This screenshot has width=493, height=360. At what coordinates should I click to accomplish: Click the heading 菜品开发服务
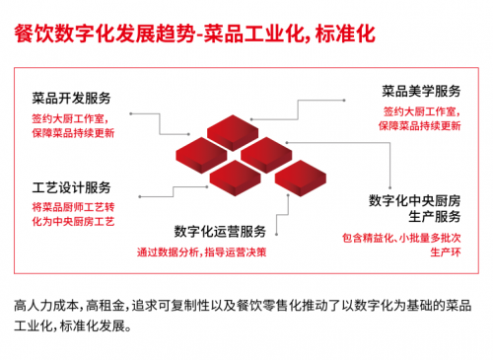pyautogui.click(x=71, y=98)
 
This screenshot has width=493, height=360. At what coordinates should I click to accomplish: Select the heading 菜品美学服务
pyautogui.click(x=421, y=91)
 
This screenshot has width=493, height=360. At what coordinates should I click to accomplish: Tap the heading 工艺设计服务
pyautogui.click(x=71, y=187)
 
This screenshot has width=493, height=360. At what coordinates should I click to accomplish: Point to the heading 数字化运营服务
pyautogui.click(x=220, y=232)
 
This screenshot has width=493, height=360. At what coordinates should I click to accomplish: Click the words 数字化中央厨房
pyautogui.click(x=414, y=200)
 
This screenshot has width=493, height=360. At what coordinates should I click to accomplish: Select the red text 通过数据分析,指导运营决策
pyautogui.click(x=201, y=252)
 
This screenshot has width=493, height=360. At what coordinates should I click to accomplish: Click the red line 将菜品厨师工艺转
pyautogui.click(x=73, y=207)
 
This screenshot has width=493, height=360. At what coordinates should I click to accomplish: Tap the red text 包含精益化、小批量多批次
pyautogui.click(x=401, y=238)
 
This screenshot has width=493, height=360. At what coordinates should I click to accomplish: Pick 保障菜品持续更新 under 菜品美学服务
pyautogui.click(x=420, y=125)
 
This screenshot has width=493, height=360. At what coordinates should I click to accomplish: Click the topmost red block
pyautogui.click(x=233, y=132)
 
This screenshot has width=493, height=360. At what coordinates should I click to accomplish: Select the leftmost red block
pyautogui.click(x=201, y=155)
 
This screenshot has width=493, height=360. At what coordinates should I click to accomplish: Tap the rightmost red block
pyautogui.click(x=301, y=178)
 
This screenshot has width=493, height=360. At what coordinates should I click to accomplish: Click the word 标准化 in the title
pyautogui.click(x=345, y=34)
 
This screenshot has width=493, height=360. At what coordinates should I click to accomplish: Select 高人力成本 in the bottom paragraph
pyautogui.click(x=46, y=306)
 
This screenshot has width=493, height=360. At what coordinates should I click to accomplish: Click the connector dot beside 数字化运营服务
pyautogui.click(x=277, y=235)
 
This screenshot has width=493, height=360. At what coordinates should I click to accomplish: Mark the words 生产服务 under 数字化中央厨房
pyautogui.click(x=434, y=217)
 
